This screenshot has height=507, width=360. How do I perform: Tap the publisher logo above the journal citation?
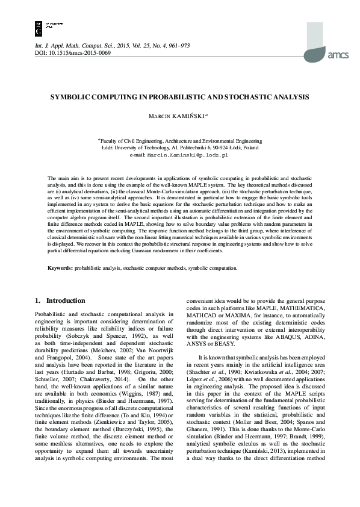(40, 26)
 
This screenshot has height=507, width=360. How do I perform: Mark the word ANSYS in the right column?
(200, 346)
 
